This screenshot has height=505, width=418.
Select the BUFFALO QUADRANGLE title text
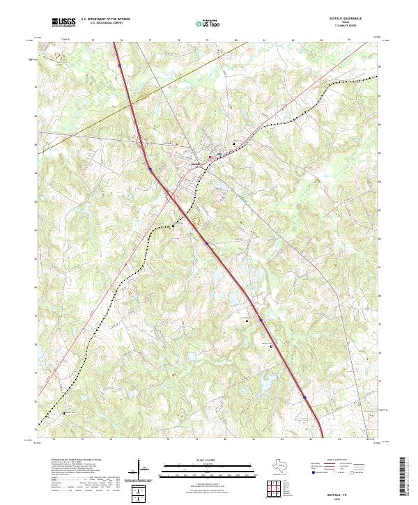pyautogui.click(x=350, y=20)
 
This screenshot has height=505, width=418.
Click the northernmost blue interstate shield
pyautogui.click(x=119, y=66)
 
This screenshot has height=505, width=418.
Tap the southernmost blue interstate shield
pyautogui.click(x=304, y=398)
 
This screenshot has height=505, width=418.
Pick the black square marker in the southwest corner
pyautogui.click(x=65, y=412)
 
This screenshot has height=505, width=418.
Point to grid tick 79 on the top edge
pyautogui.click(x=208, y=40)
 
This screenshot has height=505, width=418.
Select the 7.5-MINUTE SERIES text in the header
pyautogui.click(x=350, y=27)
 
